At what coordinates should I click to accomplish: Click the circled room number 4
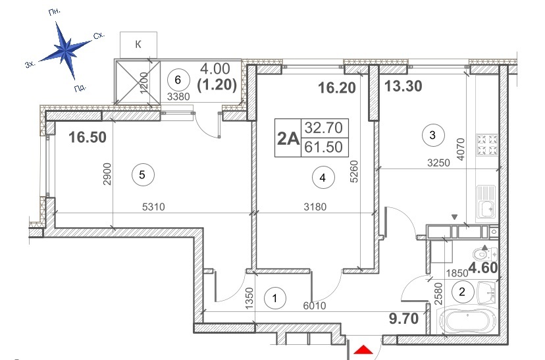coord(323,176)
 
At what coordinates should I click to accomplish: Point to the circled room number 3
coord(432,136)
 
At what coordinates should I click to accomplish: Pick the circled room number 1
coord(274,299)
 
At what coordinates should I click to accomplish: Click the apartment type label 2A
coord(288,139)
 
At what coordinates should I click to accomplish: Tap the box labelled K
coord(138,45)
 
